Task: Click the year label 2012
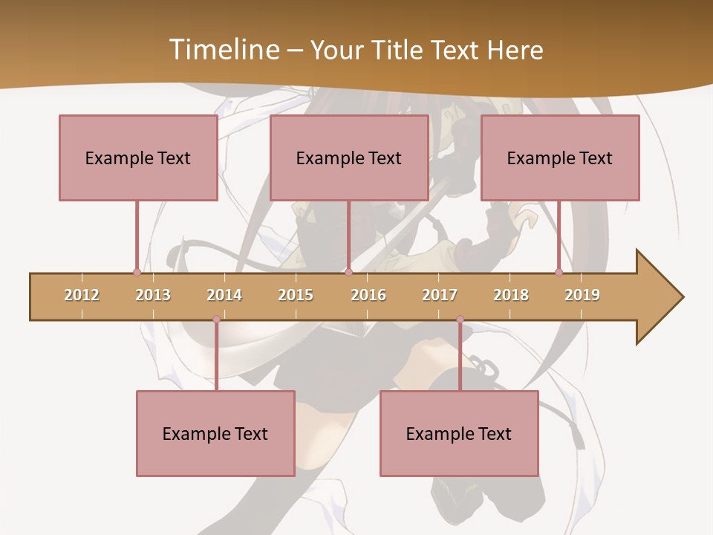point(82,295)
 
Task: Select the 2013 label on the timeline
point(153,295)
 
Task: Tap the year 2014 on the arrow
point(224,295)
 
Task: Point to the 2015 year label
point(296,295)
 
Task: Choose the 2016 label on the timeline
point(368,295)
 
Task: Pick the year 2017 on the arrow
point(440,295)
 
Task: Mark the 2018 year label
point(511,295)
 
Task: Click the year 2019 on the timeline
point(582,295)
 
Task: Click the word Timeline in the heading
point(223,50)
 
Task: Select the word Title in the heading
point(398,50)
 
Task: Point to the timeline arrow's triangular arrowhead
point(660,297)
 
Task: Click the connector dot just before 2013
point(137,273)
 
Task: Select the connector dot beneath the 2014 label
point(216,320)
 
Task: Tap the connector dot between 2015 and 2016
point(348,273)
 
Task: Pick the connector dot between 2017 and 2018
point(460,320)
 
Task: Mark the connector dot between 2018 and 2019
point(559,273)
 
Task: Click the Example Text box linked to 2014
point(215,433)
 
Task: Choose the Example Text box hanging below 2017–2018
point(459,433)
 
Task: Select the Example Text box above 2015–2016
point(349,158)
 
